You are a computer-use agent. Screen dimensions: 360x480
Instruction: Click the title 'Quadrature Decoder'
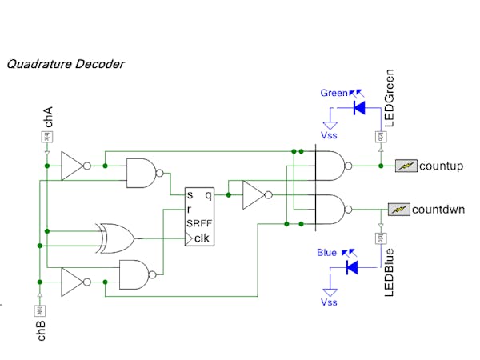(66, 63)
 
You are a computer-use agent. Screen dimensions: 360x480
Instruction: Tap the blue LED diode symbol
(350, 267)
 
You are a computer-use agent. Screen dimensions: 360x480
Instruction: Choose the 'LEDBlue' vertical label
(390, 273)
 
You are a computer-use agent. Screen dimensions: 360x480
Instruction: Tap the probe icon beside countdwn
(398, 210)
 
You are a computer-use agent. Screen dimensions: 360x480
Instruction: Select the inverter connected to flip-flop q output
(254, 194)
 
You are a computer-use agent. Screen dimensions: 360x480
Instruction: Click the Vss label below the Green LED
(329, 136)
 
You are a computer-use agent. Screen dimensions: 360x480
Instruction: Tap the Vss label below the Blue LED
(329, 303)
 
